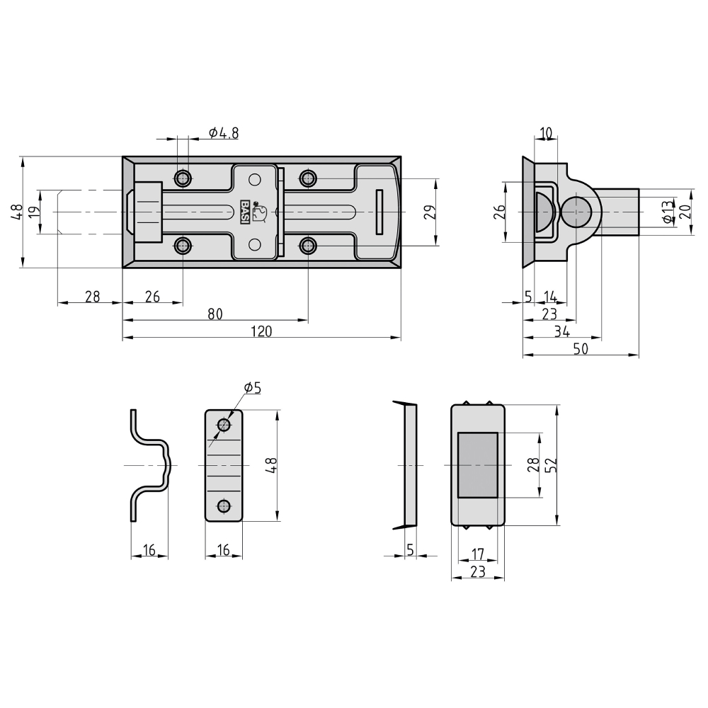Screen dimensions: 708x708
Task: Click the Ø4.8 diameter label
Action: coord(224,133)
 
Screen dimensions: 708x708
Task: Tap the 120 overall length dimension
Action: coord(261,331)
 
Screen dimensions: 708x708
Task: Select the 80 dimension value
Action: coord(215,314)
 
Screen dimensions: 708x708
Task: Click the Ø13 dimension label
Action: coord(666,211)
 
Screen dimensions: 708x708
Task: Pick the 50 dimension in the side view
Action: coord(581,348)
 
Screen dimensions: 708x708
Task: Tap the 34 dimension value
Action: coord(561,331)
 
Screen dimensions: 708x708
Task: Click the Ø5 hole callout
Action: coord(253,387)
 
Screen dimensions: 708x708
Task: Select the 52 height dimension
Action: coord(552,465)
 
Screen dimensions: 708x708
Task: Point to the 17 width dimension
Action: coord(478,553)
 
